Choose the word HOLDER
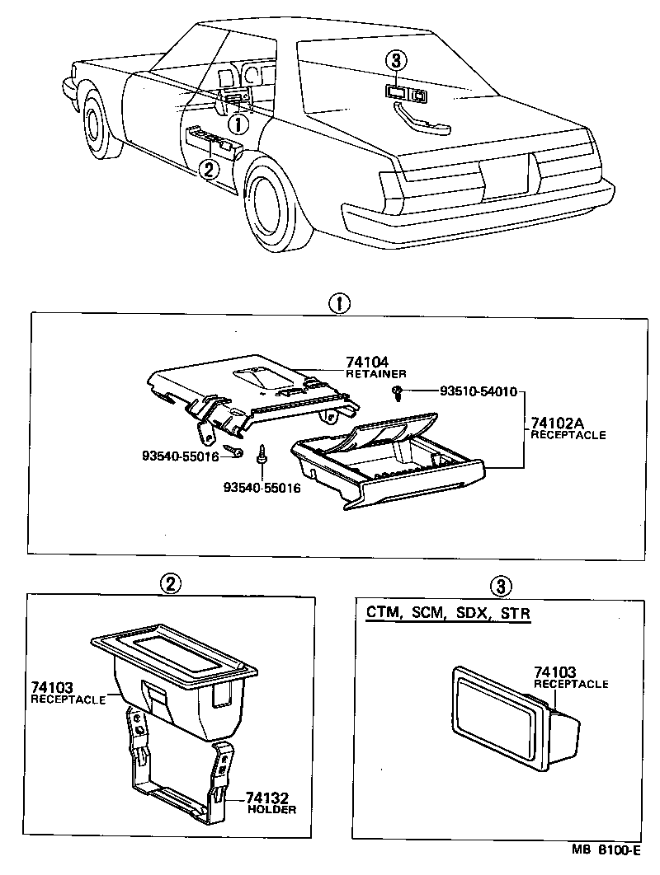(271, 810)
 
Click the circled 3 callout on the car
(398, 61)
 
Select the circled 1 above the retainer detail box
(339, 302)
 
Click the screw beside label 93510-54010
(398, 392)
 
